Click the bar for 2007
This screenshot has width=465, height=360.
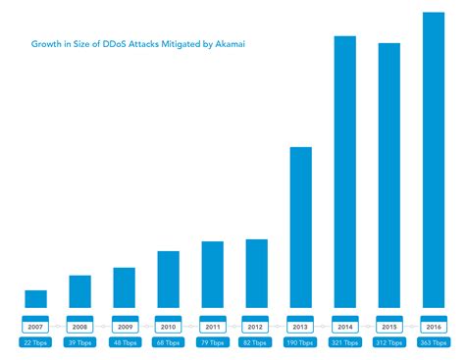[x=35, y=298]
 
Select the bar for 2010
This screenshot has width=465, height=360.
[x=168, y=279]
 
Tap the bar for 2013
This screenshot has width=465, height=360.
[x=300, y=227]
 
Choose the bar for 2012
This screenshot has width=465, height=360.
[x=256, y=273]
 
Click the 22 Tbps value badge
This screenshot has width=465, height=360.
[x=35, y=342]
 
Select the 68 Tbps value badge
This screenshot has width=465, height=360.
[x=168, y=342]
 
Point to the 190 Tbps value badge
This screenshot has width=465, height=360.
[x=300, y=342]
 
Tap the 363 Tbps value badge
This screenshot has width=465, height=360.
[x=434, y=342]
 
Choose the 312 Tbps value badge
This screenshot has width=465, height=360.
[x=389, y=342]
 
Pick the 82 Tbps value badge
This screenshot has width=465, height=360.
[x=256, y=342]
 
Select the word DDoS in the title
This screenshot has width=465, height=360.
[x=113, y=42]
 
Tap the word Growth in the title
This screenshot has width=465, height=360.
[x=45, y=42]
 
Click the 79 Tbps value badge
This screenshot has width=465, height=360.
[x=212, y=342]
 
